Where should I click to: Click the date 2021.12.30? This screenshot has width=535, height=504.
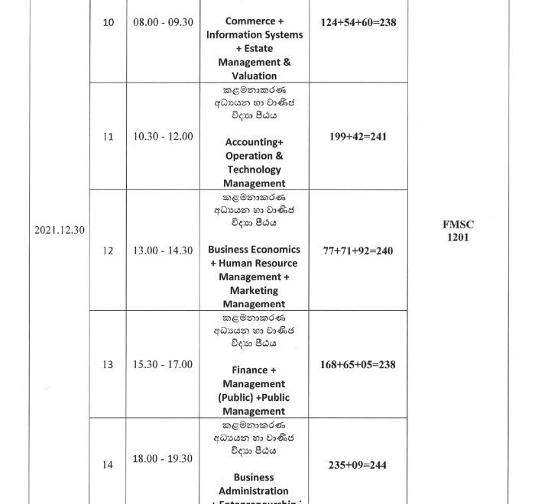pyautogui.click(x=59, y=229)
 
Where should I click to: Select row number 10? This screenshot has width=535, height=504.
pyautogui.click(x=109, y=23)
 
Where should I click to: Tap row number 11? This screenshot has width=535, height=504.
pyautogui.click(x=108, y=136)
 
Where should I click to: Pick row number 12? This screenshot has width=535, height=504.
pyautogui.click(x=108, y=250)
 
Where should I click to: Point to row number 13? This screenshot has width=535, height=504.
pyautogui.click(x=108, y=364)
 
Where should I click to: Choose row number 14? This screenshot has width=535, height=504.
pyautogui.click(x=108, y=464)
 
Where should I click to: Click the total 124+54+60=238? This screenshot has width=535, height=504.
pyautogui.click(x=358, y=22)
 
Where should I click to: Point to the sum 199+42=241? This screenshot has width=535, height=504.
pyautogui.click(x=358, y=135)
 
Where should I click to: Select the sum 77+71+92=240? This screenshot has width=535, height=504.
pyautogui.click(x=358, y=250)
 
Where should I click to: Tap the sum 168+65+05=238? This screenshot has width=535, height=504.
pyautogui.click(x=358, y=364)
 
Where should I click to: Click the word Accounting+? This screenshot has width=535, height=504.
pyautogui.click(x=254, y=142)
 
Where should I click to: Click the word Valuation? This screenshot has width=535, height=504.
pyautogui.click(x=254, y=76)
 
